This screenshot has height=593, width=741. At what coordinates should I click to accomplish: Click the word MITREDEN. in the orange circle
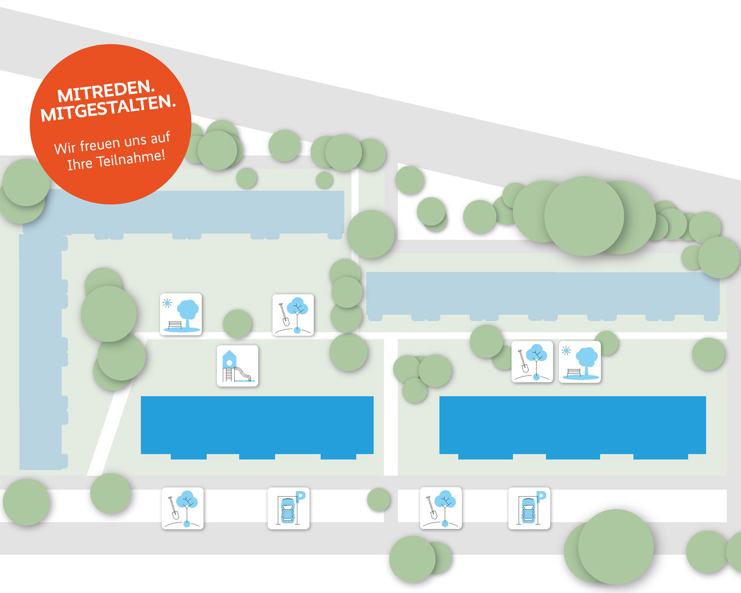[x=106, y=91]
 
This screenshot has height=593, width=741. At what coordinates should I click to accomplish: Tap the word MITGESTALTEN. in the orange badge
[x=108, y=108]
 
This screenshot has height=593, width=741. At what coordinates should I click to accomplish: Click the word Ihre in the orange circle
[x=80, y=164]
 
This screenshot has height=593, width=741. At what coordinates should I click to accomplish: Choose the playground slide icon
[x=238, y=366]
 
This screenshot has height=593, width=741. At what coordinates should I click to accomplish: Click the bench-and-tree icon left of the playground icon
[x=181, y=314]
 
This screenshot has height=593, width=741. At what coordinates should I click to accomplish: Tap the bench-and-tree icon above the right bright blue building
[x=580, y=362]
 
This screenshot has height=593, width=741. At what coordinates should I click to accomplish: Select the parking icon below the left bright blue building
[x=288, y=508]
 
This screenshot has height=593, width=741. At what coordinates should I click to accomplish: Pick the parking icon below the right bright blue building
[x=529, y=508]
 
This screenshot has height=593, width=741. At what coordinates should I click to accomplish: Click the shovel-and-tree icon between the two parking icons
[x=441, y=508]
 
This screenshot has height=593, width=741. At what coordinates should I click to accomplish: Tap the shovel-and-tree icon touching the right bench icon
[x=532, y=362]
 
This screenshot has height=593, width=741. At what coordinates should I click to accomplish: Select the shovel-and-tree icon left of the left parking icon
[x=183, y=508]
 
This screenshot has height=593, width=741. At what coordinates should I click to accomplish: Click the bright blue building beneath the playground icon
[x=257, y=425]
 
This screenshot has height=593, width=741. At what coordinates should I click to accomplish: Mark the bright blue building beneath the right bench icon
[x=573, y=425]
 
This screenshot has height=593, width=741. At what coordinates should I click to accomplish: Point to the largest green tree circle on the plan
[x=584, y=216]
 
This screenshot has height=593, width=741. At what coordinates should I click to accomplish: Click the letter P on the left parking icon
[x=300, y=496]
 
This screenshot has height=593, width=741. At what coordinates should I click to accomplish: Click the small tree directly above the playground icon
[x=238, y=324]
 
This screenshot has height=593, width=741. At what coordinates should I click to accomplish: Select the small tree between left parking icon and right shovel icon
[x=379, y=500]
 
